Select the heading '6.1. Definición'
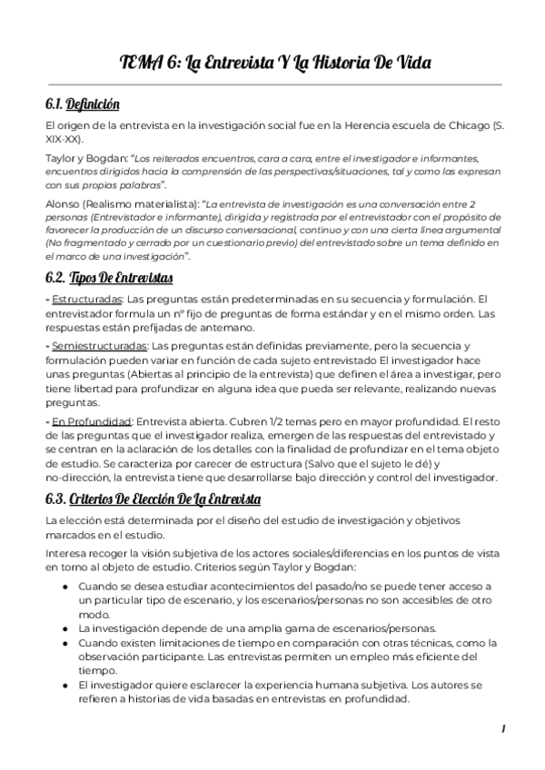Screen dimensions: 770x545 (x=82, y=104)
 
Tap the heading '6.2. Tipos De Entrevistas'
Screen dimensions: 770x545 (x=108, y=277)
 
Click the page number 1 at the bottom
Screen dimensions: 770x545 (x=502, y=729)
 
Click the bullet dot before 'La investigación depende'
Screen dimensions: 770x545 (x=65, y=627)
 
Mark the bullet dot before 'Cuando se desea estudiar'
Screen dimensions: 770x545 (x=65, y=587)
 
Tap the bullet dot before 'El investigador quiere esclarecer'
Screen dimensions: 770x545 (x=65, y=685)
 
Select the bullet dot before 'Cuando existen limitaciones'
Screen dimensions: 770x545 (x=65, y=643)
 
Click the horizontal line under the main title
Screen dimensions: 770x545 (x=272, y=84)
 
